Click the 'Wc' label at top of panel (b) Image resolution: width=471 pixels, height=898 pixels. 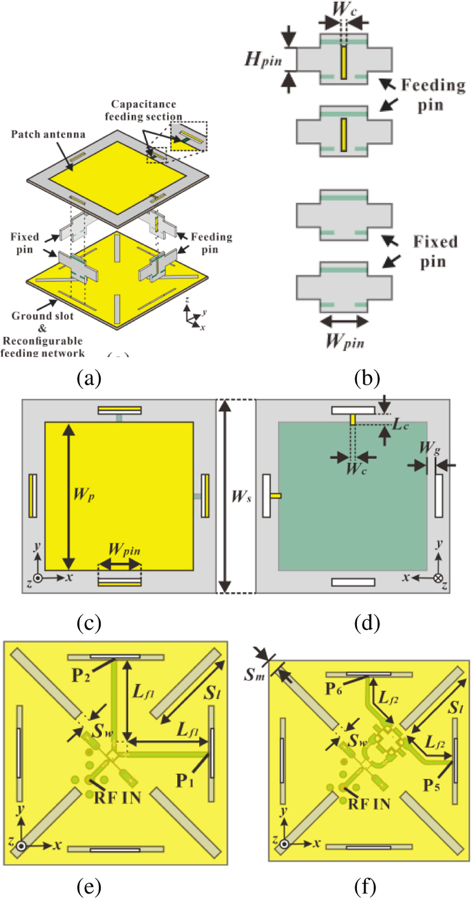pos(344,9)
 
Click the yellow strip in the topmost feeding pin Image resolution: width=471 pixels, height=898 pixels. pos(344,63)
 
